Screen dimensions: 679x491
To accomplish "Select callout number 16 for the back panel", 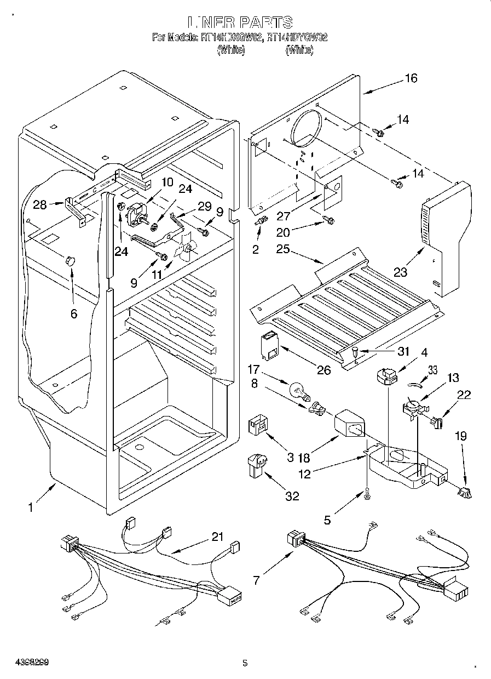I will [411, 78].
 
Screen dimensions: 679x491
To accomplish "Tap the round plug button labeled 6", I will [70, 260].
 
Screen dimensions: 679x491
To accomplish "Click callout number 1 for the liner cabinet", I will [31, 507].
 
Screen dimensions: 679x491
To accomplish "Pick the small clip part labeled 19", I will [465, 492].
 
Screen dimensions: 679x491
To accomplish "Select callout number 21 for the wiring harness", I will [217, 538].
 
